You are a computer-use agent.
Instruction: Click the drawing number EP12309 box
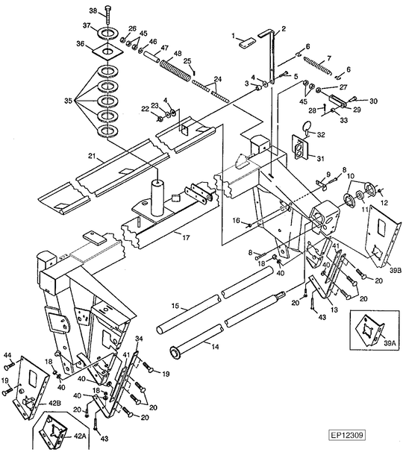tap(347, 435)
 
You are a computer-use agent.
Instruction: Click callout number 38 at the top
tap(93, 11)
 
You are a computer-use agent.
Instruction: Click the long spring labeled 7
tap(317, 66)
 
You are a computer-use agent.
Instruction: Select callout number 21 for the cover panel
tap(92, 157)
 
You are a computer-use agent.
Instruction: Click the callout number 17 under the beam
tap(186, 238)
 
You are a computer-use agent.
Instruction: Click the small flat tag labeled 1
tap(247, 43)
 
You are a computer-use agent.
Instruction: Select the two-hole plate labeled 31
tap(300, 147)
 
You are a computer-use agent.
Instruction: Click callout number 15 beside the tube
tap(175, 306)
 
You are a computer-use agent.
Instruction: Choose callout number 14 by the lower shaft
tap(215, 347)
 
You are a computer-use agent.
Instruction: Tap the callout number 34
tap(139, 338)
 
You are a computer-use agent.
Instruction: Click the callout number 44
tap(7, 355)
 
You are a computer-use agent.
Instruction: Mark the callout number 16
tap(237, 221)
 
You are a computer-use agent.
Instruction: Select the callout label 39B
tap(395, 270)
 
